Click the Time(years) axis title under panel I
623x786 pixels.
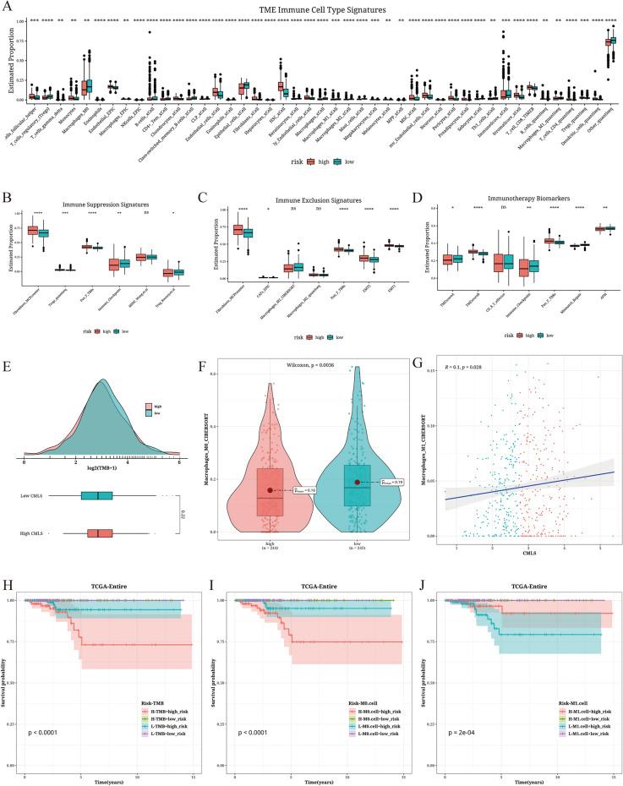pyautogui.click(x=311, y=779)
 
